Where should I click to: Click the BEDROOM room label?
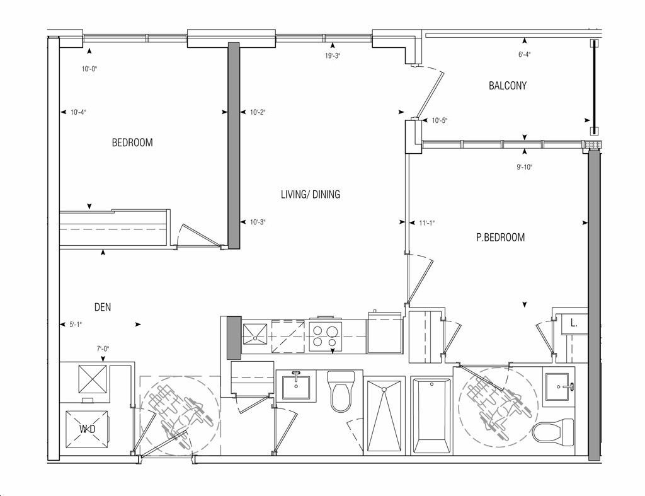point(132,143)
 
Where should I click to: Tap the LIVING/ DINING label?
point(311,194)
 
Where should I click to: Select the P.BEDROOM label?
point(500,238)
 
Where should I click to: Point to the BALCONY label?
point(508,86)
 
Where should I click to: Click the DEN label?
point(103,307)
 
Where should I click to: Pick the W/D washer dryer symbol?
point(88,429)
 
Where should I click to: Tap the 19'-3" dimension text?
point(333,56)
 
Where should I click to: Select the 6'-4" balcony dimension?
point(525,55)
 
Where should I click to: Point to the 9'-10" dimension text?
point(525,168)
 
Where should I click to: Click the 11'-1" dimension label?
point(427,223)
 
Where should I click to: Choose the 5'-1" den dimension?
point(76,325)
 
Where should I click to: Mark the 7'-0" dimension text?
point(103,349)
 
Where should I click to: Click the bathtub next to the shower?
point(431,416)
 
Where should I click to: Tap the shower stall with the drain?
point(384,416)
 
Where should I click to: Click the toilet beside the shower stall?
point(341,391)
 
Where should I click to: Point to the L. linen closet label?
point(574,323)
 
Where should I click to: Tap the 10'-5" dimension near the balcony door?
point(440,120)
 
